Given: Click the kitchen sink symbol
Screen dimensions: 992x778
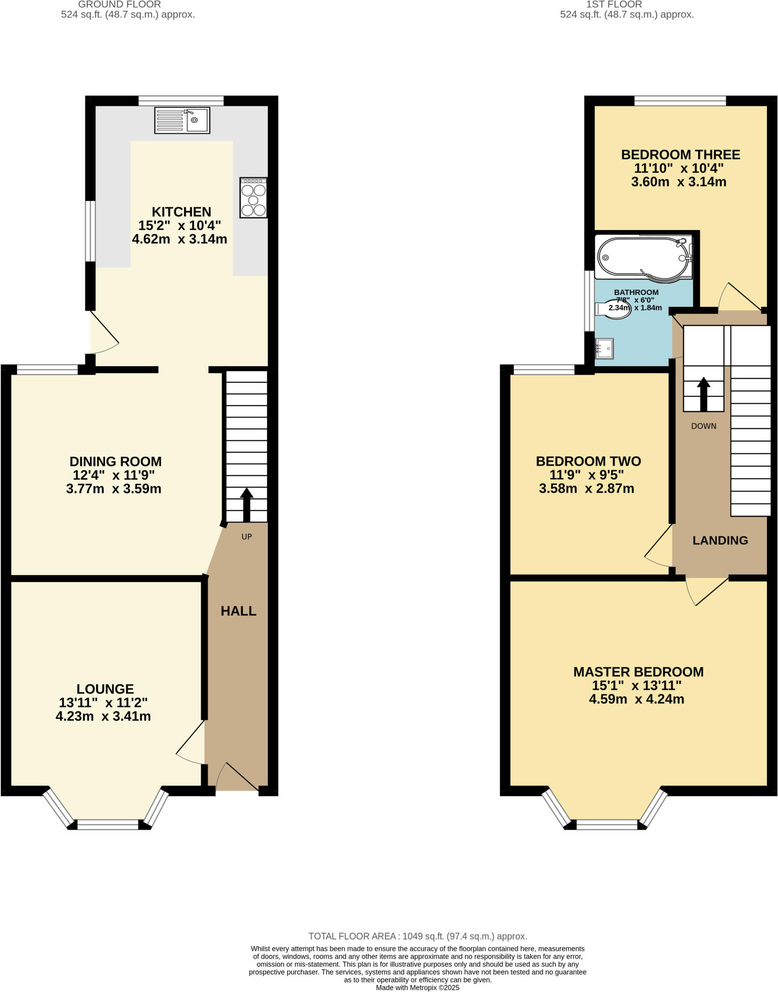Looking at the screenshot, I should (x=182, y=120).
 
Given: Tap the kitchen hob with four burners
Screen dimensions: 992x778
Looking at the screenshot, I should (x=253, y=198).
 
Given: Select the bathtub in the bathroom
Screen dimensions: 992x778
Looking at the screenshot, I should (x=643, y=257).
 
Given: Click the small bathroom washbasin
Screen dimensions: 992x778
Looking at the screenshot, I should (x=605, y=348).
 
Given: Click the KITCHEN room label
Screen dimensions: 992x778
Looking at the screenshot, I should (x=182, y=212).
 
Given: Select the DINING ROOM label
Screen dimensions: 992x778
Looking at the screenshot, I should (x=115, y=462).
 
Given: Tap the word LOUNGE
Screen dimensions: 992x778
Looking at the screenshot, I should (x=105, y=689).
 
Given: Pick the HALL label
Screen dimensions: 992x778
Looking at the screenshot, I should (x=238, y=611).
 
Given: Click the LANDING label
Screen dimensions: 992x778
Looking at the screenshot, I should (x=720, y=541).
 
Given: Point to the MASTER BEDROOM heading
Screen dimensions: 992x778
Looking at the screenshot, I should (x=638, y=672).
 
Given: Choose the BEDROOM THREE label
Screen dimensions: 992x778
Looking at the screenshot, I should (x=681, y=155).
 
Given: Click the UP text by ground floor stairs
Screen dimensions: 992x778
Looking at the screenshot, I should (x=247, y=537).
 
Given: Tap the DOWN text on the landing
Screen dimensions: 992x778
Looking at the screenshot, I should (x=703, y=426).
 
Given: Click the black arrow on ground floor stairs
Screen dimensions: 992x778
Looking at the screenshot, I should (x=247, y=504).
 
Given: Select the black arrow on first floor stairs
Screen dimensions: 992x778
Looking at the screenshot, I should (x=703, y=394).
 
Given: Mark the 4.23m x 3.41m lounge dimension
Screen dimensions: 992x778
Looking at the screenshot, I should (x=103, y=716).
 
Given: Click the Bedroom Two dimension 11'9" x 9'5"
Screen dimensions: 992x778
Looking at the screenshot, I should (x=587, y=475).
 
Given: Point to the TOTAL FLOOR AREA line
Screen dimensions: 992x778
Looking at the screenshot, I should (x=418, y=936).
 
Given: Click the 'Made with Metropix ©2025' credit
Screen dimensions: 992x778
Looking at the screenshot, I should (x=418, y=988).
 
